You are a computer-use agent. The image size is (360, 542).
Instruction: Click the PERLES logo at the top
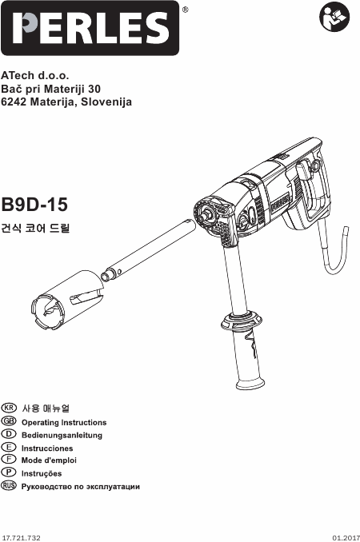90,28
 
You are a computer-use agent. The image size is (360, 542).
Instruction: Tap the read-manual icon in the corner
334,17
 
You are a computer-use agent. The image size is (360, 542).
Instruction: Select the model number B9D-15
34,205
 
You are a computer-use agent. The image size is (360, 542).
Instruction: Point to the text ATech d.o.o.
35,75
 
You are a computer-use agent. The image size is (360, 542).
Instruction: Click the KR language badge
9,408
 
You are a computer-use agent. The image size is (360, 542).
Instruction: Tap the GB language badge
9,421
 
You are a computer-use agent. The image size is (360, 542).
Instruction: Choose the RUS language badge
9,485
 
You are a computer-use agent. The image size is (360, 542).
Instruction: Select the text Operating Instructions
64,422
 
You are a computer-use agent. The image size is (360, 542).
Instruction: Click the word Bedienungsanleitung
62,435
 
